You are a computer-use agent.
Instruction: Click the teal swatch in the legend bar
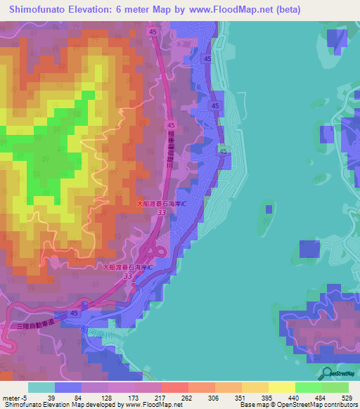tap(41, 387)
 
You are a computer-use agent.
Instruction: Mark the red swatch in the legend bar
tap(174, 387)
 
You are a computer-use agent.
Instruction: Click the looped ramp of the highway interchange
tap(156, 250)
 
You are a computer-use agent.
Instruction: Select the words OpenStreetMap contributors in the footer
tap(323, 405)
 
